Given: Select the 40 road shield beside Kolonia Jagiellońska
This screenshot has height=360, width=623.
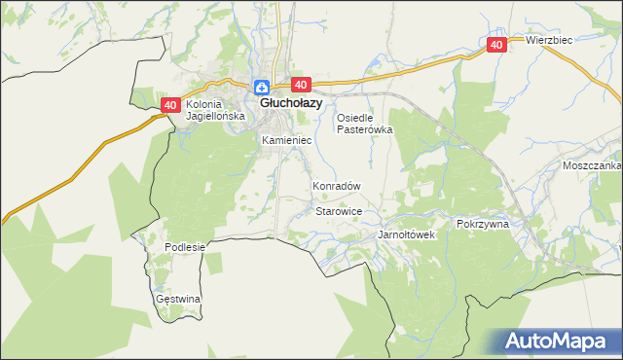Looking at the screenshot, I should click(x=170, y=105).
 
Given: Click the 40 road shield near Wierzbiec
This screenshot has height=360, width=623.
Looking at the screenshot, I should click(x=496, y=45).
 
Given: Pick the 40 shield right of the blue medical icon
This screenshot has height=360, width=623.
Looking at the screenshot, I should click(x=299, y=86).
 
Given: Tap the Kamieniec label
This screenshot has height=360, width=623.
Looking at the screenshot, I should click(x=286, y=141).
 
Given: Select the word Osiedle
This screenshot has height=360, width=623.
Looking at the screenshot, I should click(x=355, y=118).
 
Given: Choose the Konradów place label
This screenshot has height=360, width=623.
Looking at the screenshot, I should click(x=337, y=186).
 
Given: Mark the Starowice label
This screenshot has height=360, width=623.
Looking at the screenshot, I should click(x=340, y=211).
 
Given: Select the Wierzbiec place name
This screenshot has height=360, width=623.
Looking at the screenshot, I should click(x=549, y=40).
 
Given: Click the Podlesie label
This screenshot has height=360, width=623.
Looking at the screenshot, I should click(x=185, y=247).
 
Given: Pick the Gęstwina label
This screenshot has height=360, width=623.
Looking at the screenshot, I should click(x=178, y=299).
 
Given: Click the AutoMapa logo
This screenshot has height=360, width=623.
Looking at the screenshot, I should click(x=556, y=342).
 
